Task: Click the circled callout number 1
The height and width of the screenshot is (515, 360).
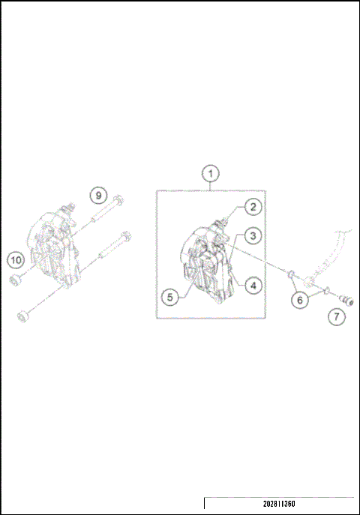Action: tap(211, 174)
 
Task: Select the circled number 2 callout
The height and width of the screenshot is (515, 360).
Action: tap(253, 207)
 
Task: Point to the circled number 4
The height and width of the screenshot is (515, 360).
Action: tap(253, 285)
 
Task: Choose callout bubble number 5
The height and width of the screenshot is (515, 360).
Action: tap(170, 297)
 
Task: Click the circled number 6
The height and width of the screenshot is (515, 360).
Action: tap(299, 300)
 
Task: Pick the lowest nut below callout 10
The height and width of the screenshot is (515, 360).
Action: tap(22, 316)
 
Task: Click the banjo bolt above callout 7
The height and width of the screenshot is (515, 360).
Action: tap(346, 299)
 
